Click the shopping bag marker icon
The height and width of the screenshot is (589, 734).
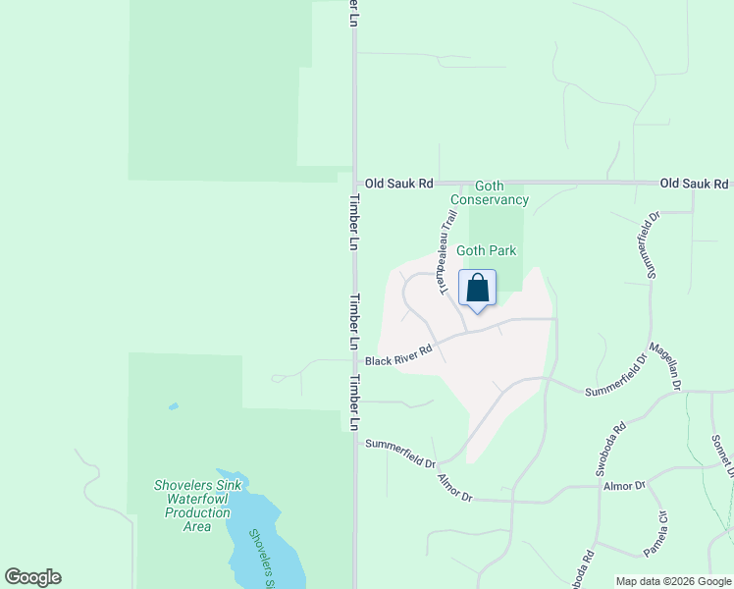477,289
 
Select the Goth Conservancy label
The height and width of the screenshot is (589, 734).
490,192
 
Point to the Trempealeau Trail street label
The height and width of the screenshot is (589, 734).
442,256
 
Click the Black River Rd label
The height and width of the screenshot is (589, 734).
398,355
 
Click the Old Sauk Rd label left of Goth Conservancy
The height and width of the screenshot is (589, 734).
398,184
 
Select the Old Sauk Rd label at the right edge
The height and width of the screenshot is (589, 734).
694,184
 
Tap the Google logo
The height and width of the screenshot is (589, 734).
32,577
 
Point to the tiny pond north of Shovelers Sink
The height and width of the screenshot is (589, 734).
174,406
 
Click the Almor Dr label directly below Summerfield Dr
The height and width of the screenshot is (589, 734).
454,490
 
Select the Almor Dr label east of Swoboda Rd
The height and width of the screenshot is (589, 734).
624,486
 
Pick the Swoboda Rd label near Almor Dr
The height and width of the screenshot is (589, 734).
606,450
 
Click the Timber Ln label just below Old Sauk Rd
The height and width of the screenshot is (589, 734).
354,221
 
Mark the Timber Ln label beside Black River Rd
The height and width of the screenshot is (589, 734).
354,322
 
